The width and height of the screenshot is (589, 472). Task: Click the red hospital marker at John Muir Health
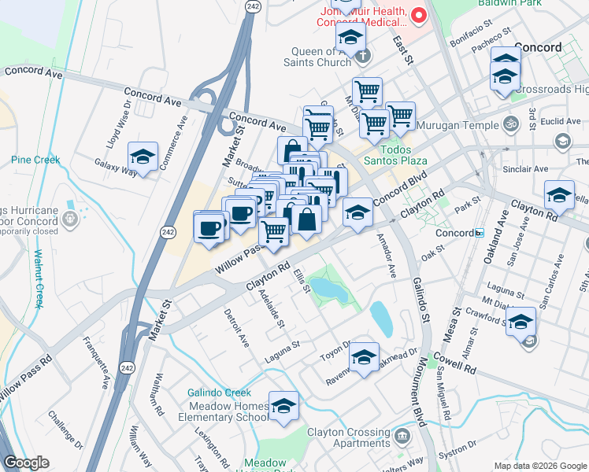click(x=418, y=15)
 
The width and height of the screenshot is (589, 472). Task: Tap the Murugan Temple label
click(x=458, y=125)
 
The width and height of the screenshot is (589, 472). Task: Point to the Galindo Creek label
click(x=219, y=393)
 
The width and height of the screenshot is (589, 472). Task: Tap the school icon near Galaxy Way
click(x=143, y=157)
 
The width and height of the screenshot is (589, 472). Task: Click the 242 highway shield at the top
click(x=252, y=6)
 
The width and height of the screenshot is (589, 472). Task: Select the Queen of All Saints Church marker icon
click(x=362, y=56)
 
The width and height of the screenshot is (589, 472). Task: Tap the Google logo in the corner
click(x=27, y=463)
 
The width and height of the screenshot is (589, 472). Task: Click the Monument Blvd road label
click(x=417, y=393)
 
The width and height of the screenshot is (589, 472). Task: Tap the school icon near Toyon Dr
click(x=364, y=358)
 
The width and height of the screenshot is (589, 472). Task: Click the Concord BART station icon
click(x=479, y=233)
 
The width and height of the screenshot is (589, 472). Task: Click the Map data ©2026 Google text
click(x=539, y=466)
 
